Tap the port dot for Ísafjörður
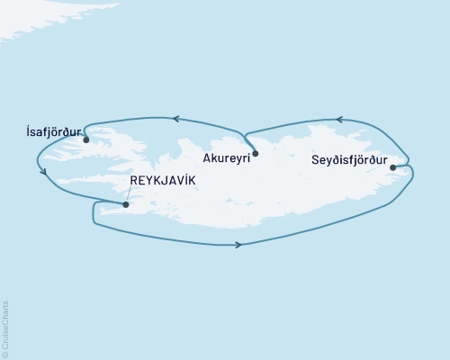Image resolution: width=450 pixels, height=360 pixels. [x=85, y=139]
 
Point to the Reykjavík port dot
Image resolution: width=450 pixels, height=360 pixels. [x=125, y=204]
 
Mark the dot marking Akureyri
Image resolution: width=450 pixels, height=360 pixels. [x=256, y=154]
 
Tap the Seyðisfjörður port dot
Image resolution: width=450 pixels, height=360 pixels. [x=392, y=167]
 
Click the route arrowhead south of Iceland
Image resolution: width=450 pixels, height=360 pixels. [x=238, y=244]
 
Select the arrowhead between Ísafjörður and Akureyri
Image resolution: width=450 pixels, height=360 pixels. [x=177, y=119]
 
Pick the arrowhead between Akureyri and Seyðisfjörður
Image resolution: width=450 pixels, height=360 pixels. [x=338, y=119]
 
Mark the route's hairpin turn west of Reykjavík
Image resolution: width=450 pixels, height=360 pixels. [x=94, y=212]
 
